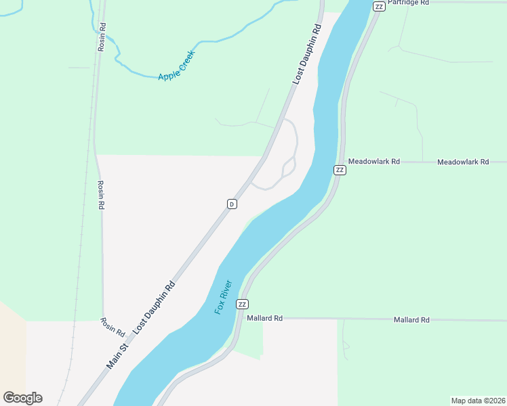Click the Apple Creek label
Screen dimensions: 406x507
pyautogui.click(x=176, y=66)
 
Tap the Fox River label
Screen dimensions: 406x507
pyautogui.click(x=224, y=296)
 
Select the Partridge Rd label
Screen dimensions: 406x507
pyautogui.click(x=409, y=3)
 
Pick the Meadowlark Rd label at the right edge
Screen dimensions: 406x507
pyautogui.click(x=463, y=162)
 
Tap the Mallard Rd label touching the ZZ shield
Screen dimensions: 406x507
pyautogui.click(x=264, y=318)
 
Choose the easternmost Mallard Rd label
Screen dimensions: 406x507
pyautogui.click(x=411, y=319)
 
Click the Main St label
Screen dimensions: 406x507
pyautogui.click(x=117, y=356)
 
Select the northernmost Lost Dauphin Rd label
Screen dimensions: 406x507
pyautogui.click(x=306, y=54)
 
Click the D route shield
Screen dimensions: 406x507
pyautogui.click(x=232, y=204)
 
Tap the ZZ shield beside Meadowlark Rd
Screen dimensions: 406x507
pyautogui.click(x=340, y=170)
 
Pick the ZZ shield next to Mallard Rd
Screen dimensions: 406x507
pyautogui.click(x=242, y=304)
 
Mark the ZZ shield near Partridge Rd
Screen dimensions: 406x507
pyautogui.click(x=378, y=6)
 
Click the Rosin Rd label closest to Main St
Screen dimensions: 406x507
pyautogui.click(x=112, y=328)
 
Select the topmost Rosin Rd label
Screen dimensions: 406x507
pyautogui.click(x=102, y=37)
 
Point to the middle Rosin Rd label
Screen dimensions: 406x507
pyautogui.click(x=100, y=195)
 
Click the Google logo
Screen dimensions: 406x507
pyautogui.click(x=22, y=398)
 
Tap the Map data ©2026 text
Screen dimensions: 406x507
pyautogui.click(x=478, y=401)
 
